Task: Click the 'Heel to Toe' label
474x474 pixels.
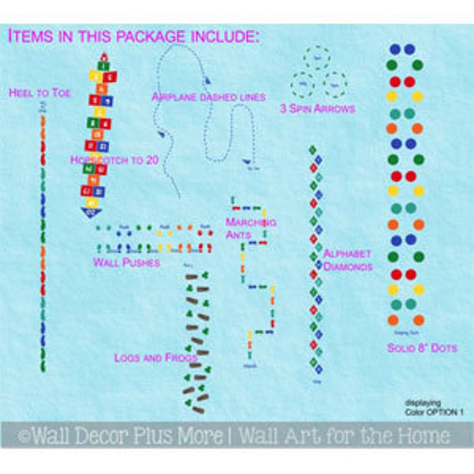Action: [x=39, y=93]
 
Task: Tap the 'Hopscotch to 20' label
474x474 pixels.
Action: [x=114, y=160]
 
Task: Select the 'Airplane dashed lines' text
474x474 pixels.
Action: [x=208, y=96]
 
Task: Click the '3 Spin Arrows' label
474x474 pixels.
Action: [x=318, y=109]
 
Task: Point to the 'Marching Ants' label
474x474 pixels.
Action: [x=250, y=228]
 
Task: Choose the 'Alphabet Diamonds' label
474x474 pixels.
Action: [x=347, y=260]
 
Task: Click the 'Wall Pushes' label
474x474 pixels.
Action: [x=126, y=262]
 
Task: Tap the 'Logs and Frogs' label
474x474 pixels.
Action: [x=156, y=358]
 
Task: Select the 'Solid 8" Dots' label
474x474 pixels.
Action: [x=421, y=347]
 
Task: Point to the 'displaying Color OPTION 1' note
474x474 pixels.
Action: [x=433, y=408]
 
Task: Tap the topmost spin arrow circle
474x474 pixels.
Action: [x=316, y=58]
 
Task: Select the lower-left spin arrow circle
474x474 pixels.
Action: [x=303, y=84]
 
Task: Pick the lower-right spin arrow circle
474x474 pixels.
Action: [x=334, y=84]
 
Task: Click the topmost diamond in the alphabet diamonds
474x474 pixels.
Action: [x=312, y=149]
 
